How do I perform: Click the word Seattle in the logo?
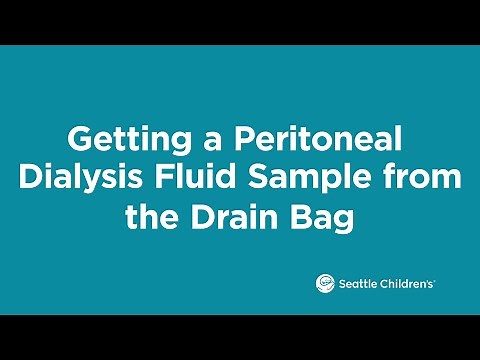point(355,284)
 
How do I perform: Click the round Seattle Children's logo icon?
point(324,283)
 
